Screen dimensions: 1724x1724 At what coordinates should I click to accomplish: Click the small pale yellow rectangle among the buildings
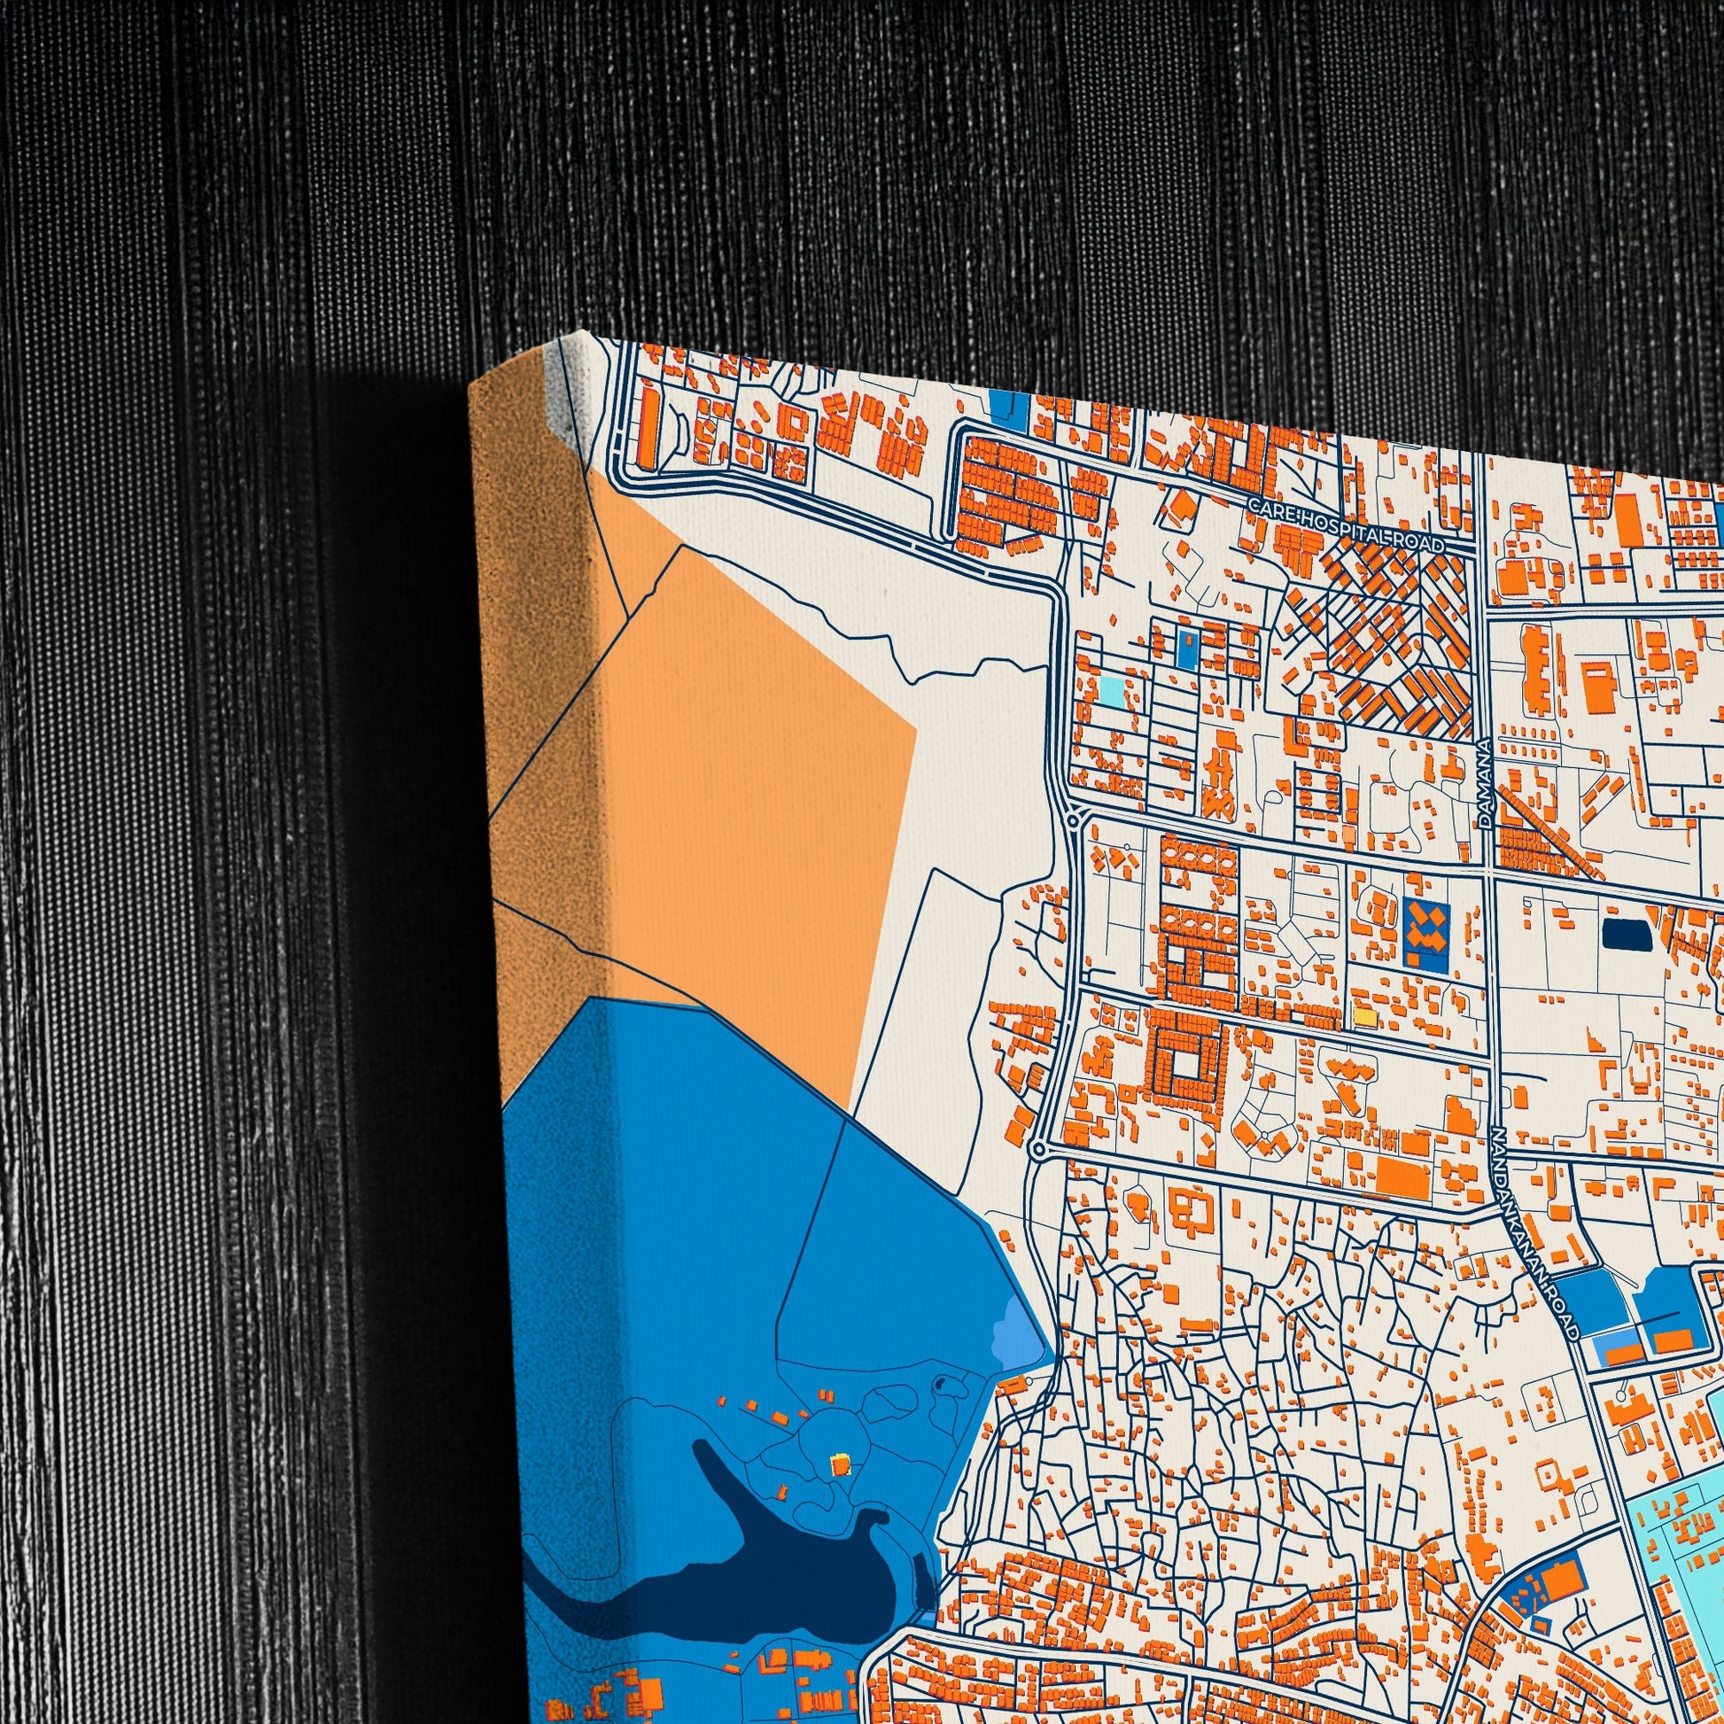1364,1016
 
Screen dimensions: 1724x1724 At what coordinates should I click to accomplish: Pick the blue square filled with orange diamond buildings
1427,936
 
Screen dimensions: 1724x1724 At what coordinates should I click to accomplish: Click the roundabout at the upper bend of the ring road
1071,822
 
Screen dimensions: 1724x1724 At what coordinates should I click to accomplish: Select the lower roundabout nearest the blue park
1037,1149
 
